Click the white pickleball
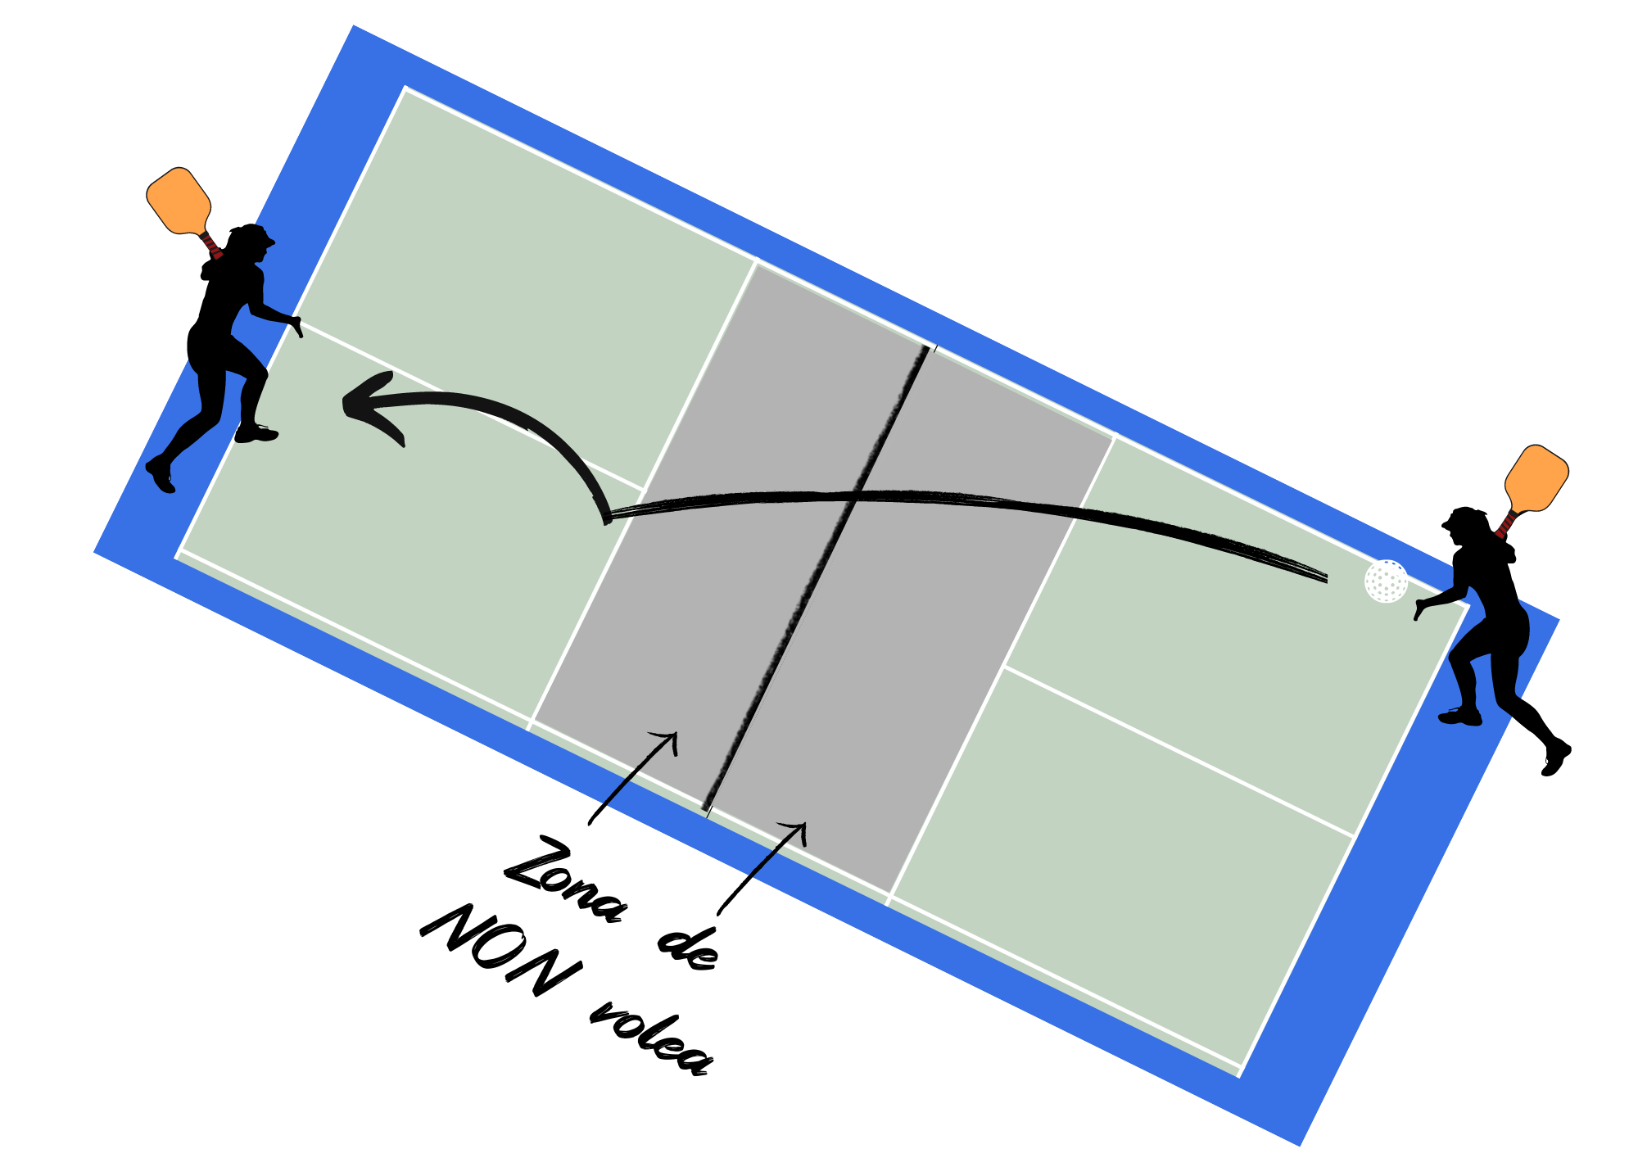point(1386,581)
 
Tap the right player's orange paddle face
point(1536,478)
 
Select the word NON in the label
point(501,950)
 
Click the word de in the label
point(688,950)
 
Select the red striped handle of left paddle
point(211,244)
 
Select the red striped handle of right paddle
point(1505,523)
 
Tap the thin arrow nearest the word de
point(762,868)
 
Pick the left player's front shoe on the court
point(256,433)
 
